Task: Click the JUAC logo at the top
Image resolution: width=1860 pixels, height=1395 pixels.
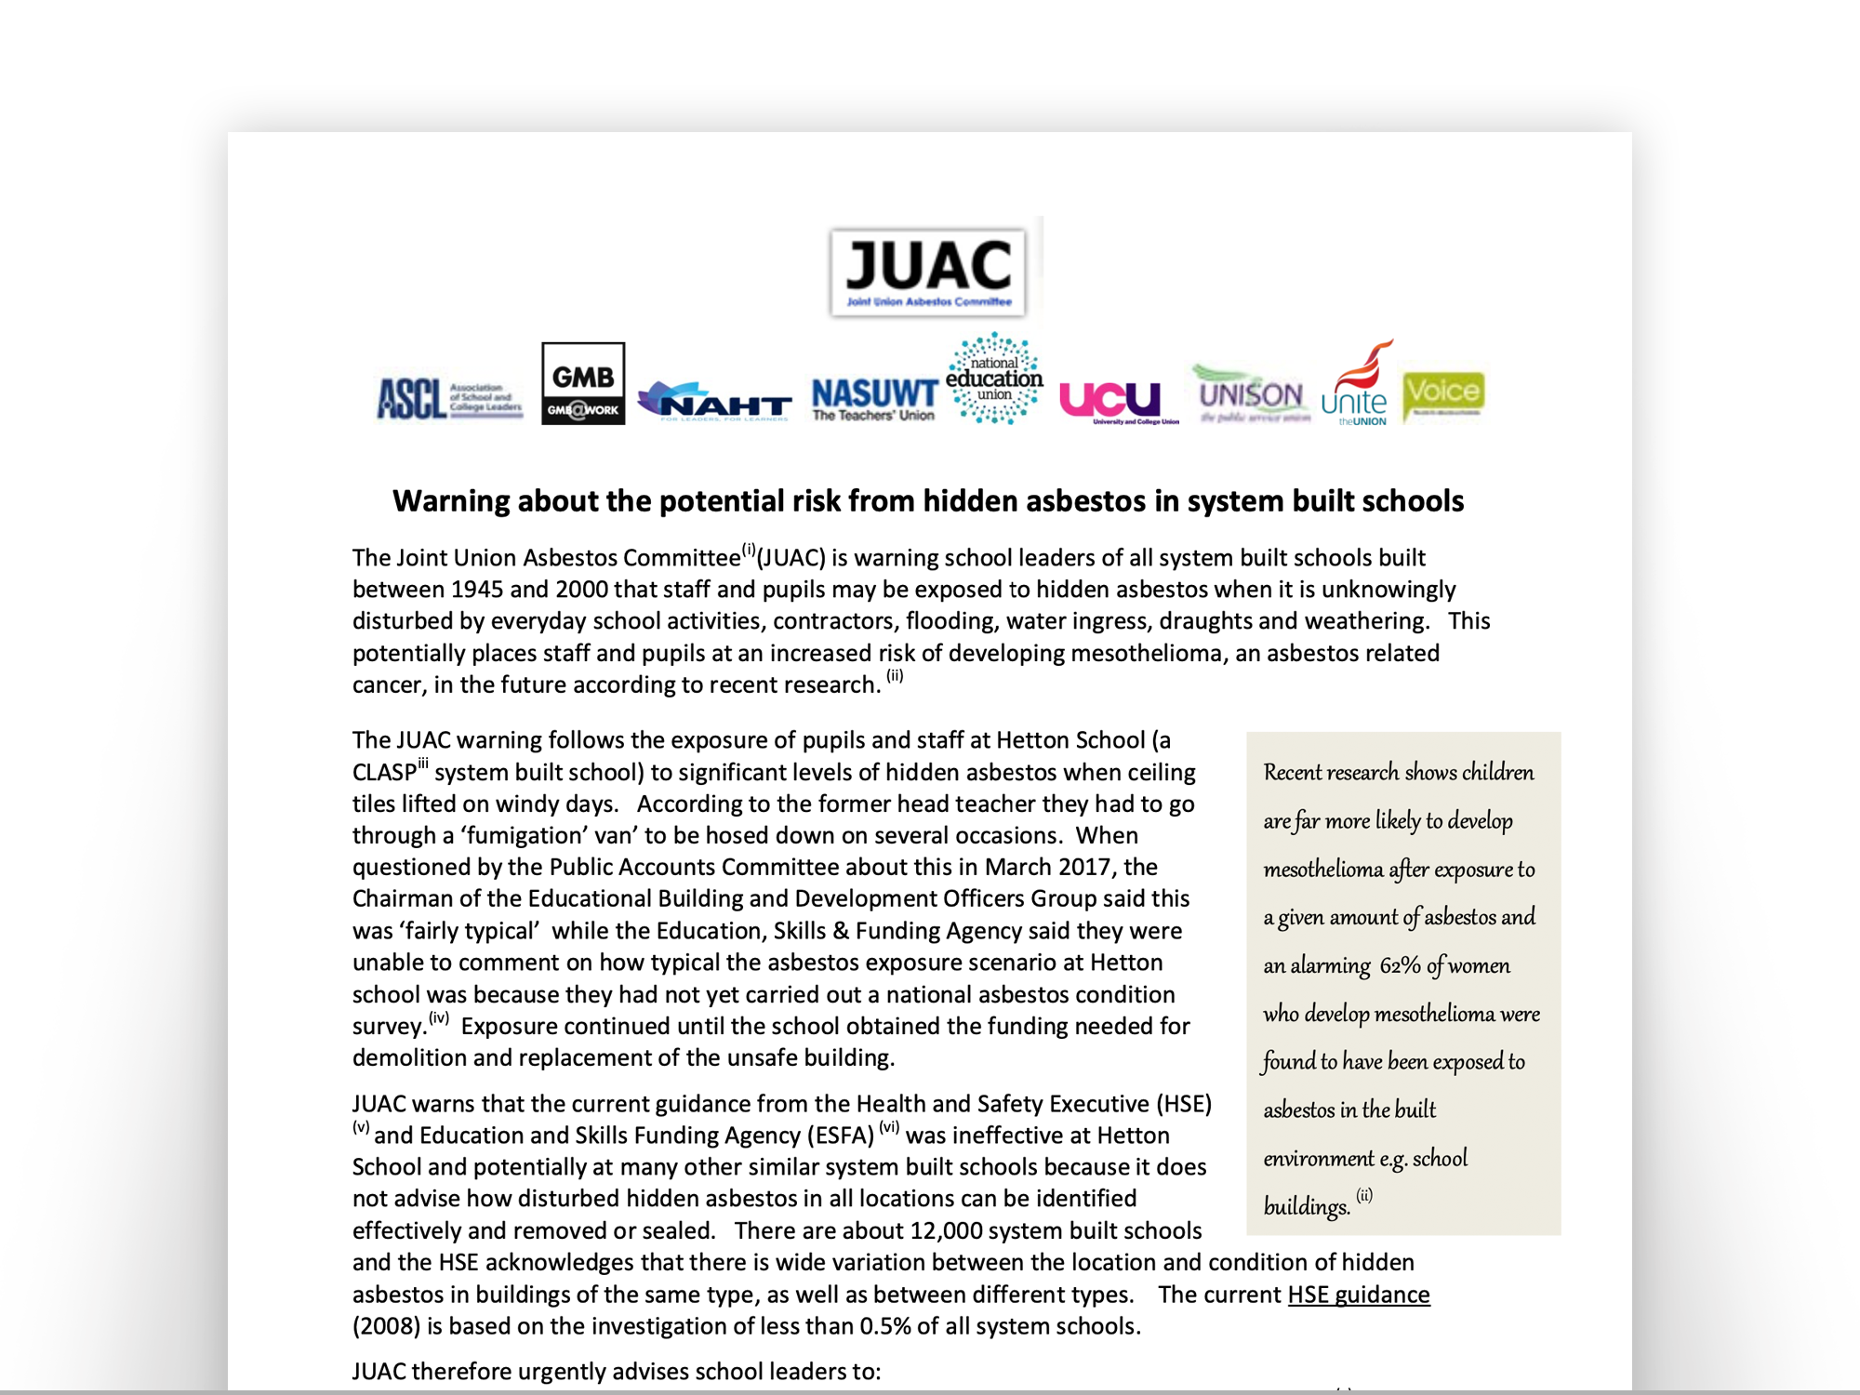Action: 928,272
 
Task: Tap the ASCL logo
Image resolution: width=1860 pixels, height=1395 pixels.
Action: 449,399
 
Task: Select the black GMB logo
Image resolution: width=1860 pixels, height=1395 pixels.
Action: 583,383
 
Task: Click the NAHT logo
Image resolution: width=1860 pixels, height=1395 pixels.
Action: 714,402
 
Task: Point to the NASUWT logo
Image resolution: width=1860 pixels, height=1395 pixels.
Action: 874,399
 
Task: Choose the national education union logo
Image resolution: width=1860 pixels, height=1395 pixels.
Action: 994,379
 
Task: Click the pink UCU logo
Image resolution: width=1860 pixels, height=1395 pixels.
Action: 1111,400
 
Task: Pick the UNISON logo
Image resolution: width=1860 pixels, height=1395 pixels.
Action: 1251,395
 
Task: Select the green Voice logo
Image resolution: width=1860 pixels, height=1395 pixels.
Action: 1443,394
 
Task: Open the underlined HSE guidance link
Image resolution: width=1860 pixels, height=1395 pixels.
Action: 1358,1295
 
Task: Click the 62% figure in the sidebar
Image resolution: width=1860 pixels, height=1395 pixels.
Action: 1400,965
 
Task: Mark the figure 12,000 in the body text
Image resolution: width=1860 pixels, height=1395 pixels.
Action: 951,1231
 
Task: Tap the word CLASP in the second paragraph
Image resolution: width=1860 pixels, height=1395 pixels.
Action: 384,773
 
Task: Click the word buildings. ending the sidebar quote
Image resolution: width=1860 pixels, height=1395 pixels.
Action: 1306,1207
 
